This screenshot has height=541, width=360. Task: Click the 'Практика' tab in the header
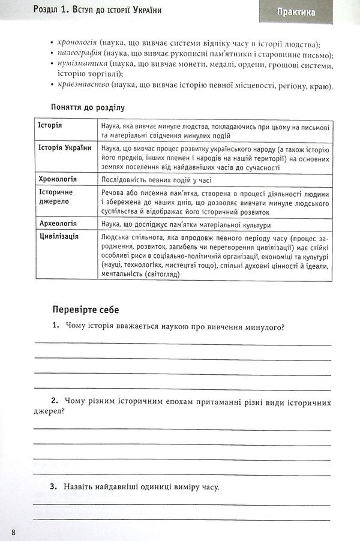click(x=296, y=11)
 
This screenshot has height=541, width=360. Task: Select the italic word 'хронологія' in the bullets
click(x=77, y=43)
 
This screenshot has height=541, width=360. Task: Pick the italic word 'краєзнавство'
click(x=82, y=86)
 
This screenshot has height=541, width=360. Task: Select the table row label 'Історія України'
click(x=64, y=148)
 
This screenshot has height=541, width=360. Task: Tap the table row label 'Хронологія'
click(x=58, y=179)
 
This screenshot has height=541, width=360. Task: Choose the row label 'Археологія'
click(x=58, y=224)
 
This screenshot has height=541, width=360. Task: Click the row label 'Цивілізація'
click(x=58, y=236)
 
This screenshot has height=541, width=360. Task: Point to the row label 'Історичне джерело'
click(x=56, y=196)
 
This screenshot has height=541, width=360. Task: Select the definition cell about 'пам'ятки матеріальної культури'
click(x=186, y=225)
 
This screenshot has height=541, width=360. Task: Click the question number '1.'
click(x=55, y=326)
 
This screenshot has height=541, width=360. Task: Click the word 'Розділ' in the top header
click(x=21, y=11)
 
